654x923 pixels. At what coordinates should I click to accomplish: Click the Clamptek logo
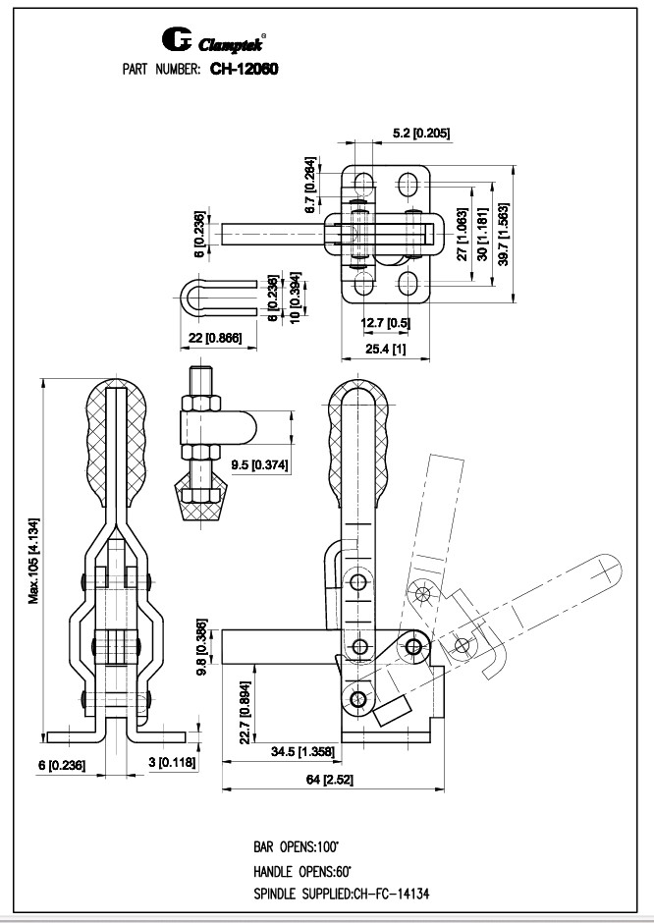pyautogui.click(x=214, y=40)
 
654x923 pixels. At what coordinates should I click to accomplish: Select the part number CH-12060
pyautogui.click(x=245, y=69)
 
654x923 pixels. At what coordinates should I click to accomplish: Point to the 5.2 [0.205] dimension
pyautogui.click(x=421, y=133)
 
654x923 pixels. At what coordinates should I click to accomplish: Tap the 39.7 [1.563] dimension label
pyautogui.click(x=504, y=235)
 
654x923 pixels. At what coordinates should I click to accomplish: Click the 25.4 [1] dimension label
pyautogui.click(x=386, y=349)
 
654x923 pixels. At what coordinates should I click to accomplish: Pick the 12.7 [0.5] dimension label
pyautogui.click(x=386, y=323)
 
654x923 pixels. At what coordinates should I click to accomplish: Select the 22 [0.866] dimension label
pyautogui.click(x=218, y=338)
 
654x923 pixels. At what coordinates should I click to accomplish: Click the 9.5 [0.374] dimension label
pyautogui.click(x=259, y=465)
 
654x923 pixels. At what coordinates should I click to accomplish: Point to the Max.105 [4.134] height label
pyautogui.click(x=34, y=561)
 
